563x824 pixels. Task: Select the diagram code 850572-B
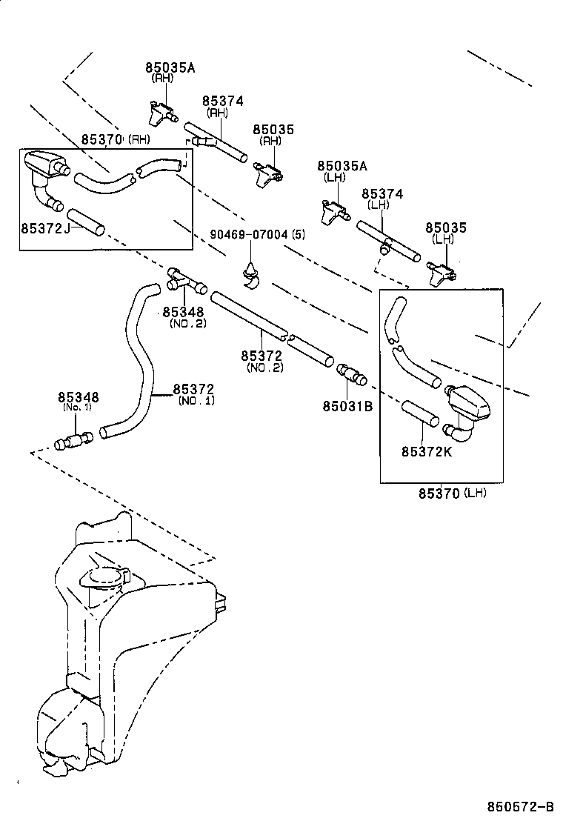pos(520,806)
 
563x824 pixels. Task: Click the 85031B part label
pos(347,405)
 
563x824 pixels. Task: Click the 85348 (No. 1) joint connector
pos(74,442)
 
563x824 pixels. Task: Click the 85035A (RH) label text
pos(170,68)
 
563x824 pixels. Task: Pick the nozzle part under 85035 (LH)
pos(442,273)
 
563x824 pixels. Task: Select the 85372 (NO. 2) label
pos(261,356)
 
